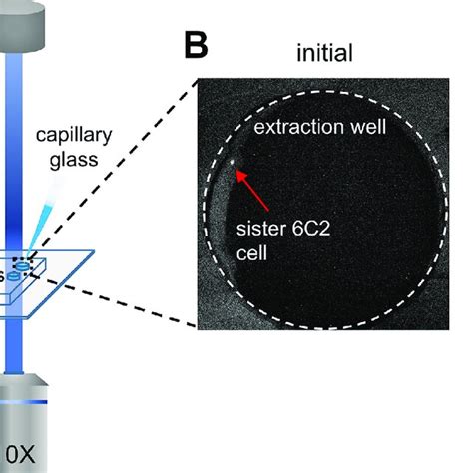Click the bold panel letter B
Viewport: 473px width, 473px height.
click(196, 45)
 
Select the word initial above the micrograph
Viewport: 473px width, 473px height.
click(324, 53)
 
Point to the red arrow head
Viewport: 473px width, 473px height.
click(239, 175)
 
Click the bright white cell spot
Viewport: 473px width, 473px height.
click(233, 162)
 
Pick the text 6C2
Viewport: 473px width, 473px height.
click(311, 229)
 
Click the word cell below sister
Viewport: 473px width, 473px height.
click(251, 253)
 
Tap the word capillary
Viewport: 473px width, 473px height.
click(74, 136)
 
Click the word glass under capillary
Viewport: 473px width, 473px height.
click(74, 160)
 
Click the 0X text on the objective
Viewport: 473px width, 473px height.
click(20, 454)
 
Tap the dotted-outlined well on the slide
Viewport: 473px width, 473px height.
click(23, 265)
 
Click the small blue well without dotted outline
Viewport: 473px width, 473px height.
click(13, 275)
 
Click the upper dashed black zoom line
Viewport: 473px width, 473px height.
click(113, 169)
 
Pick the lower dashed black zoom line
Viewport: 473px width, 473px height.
click(114, 300)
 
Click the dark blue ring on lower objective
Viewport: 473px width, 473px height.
click(23, 402)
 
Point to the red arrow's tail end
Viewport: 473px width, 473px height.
click(268, 211)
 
